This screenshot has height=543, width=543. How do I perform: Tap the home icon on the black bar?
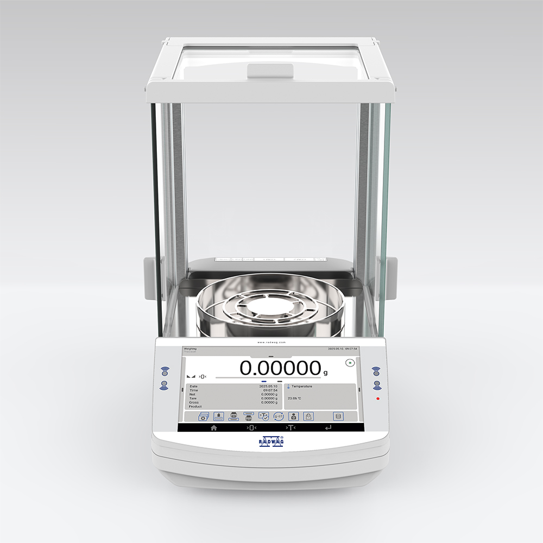click(214, 428)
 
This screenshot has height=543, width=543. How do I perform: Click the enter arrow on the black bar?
click(327, 428)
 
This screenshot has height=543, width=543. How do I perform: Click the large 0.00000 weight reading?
click(280, 368)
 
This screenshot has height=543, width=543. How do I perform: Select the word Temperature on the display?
click(302, 386)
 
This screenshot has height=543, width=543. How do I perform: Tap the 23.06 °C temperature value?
click(294, 398)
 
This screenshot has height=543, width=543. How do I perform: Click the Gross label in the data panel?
click(193, 402)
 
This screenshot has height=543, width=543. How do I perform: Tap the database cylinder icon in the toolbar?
click(338, 416)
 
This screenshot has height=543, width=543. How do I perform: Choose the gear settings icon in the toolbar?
click(203, 416)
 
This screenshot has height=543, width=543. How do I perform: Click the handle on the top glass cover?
click(270, 71)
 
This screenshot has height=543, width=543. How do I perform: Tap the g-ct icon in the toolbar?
click(278, 416)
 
